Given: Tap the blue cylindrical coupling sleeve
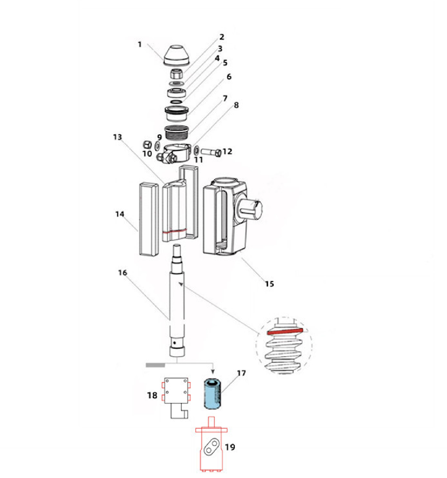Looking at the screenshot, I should [212, 394].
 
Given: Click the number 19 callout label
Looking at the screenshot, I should [230, 447].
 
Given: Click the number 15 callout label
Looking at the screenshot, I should [269, 283].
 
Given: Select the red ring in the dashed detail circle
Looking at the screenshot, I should [285, 330].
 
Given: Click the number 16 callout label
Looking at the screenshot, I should [122, 272].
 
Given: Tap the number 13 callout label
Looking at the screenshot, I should [117, 137].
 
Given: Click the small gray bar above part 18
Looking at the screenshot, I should [155, 365].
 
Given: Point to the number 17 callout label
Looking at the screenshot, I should [241, 372].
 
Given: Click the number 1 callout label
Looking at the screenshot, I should [139, 44].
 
